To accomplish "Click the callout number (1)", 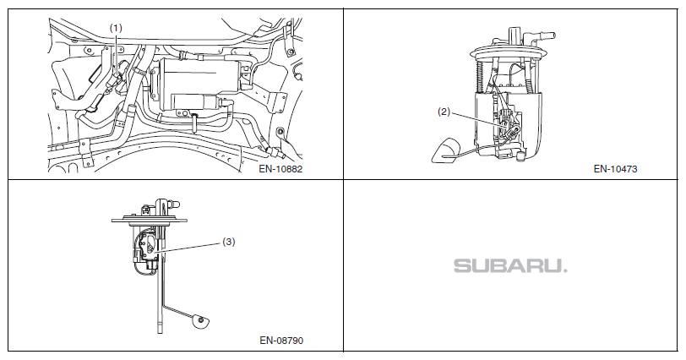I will point(117,28).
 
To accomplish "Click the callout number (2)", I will point(444,111).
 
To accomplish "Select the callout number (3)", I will point(228,241).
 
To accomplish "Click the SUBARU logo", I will point(510,265).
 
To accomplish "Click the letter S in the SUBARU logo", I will point(463,265).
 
